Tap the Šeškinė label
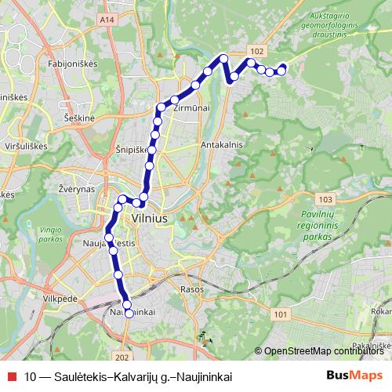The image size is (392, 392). tap(79, 117)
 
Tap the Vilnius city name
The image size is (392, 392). tap(152, 219)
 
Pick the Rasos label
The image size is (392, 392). tap(191, 289)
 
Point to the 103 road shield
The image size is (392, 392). tap(325, 200)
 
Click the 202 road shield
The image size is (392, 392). tap(121, 335)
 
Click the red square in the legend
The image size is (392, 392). tap(11, 376)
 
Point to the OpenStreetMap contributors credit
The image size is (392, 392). tap(321, 350)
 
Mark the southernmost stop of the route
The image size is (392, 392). tap(129, 313)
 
